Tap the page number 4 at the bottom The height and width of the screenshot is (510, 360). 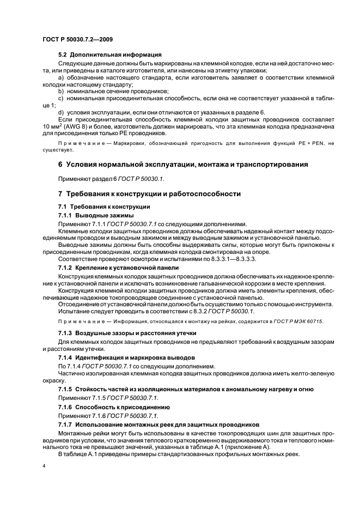click(44, 466)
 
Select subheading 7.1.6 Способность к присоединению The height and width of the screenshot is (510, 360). click(114, 407)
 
